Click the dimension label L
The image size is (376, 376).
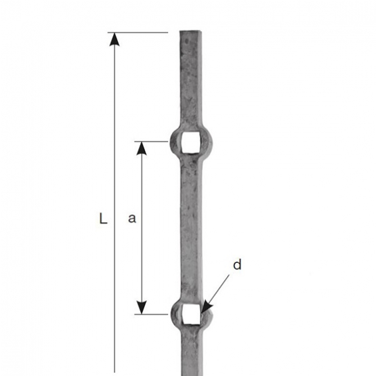tap(103, 219)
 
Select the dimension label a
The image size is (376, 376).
tap(132, 218)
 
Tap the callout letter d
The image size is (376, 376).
tap(236, 265)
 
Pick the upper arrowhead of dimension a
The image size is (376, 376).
tap(142, 147)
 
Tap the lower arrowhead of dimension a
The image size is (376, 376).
tap(142, 308)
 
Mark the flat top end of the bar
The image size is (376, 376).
tap(190, 31)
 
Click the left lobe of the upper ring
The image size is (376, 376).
tap(175, 142)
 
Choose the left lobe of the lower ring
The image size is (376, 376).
tap(175, 313)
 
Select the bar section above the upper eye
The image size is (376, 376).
tap(190, 81)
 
